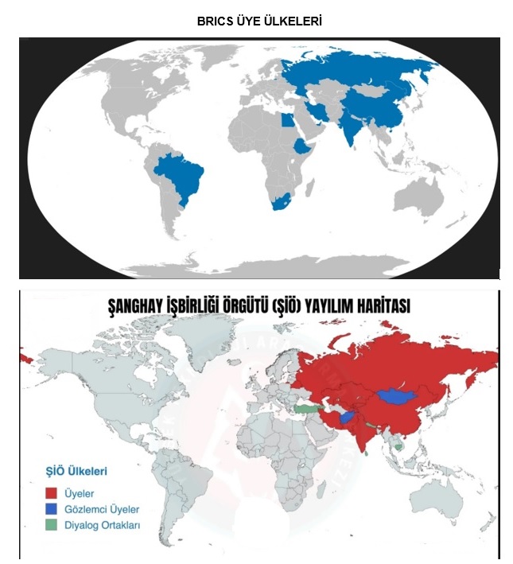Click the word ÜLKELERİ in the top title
pos(290,22)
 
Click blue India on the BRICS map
pos(349,127)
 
